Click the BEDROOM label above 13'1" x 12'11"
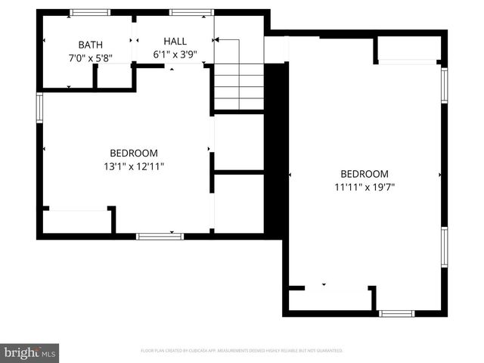[133, 152]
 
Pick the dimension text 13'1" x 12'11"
[133, 166]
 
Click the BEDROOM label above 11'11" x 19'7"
[364, 173]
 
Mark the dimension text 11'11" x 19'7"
[364, 187]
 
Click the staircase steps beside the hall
[237, 86]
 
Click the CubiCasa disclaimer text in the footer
[242, 351]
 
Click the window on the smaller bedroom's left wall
[40, 107]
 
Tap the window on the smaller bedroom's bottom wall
[160, 236]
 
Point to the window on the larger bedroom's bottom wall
[396, 312]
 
